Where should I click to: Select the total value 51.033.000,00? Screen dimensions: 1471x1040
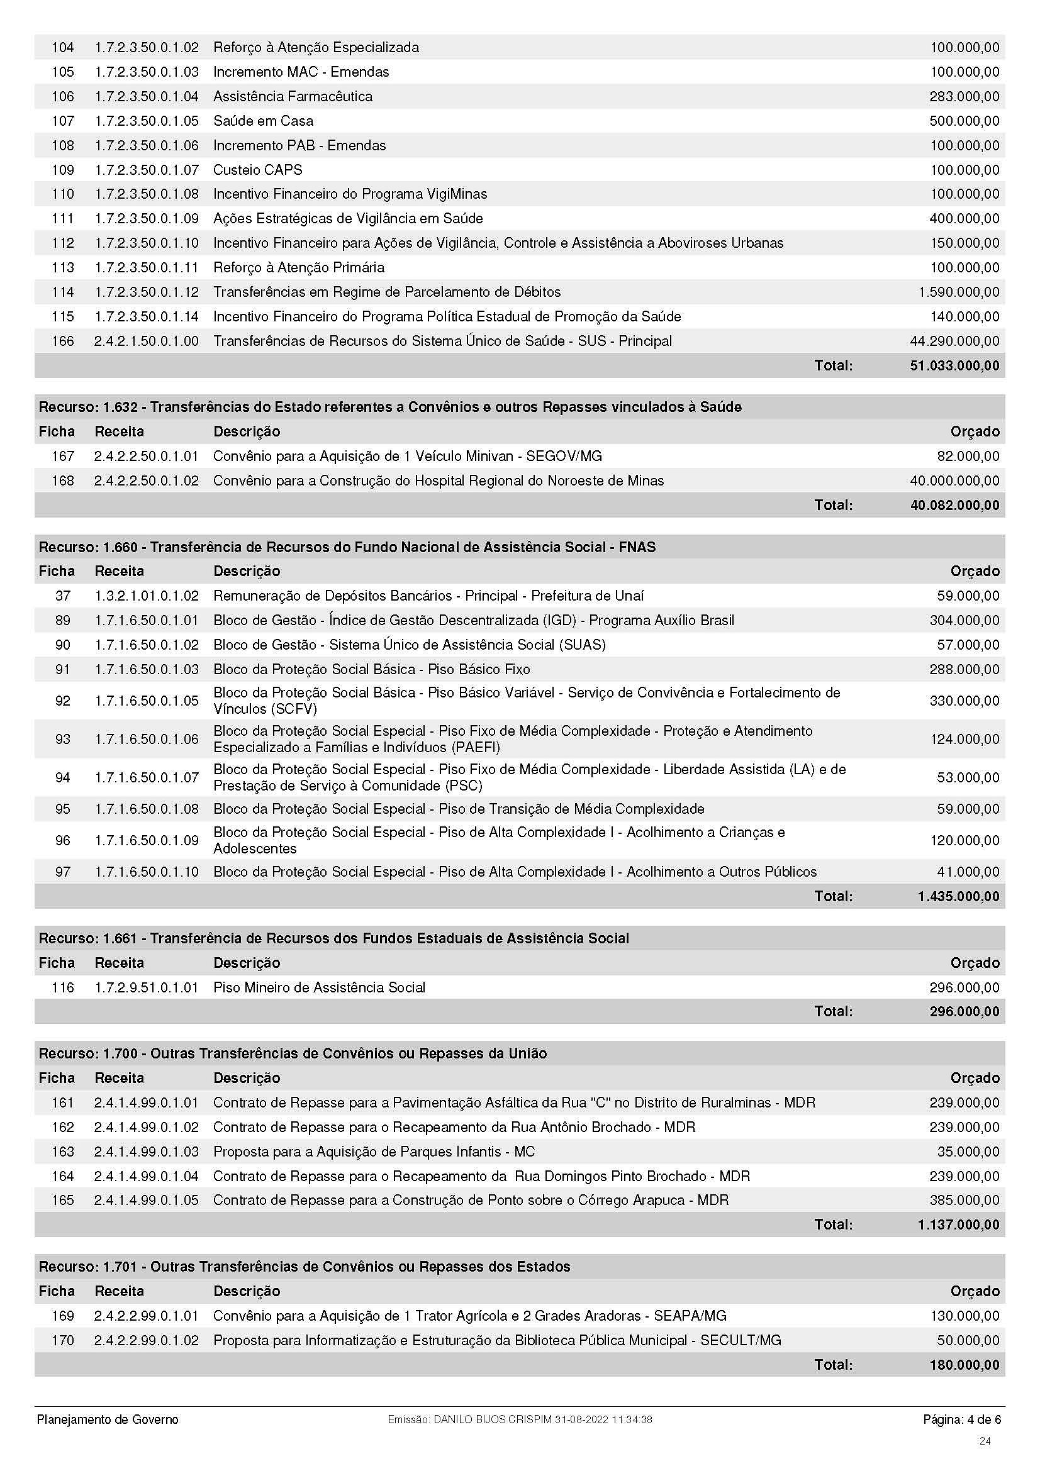tap(954, 366)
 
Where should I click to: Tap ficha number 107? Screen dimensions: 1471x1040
tap(63, 121)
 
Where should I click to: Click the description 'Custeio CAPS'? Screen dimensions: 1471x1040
tap(257, 170)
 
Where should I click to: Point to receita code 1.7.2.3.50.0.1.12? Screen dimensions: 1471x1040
tap(147, 292)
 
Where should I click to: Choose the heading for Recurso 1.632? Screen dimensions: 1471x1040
tap(389, 407)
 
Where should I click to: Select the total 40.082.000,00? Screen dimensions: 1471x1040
tap(954, 505)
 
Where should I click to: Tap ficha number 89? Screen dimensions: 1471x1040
tap(63, 620)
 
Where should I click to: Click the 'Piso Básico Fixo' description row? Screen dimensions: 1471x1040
tap(372, 670)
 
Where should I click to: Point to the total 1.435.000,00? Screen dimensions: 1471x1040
tap(958, 896)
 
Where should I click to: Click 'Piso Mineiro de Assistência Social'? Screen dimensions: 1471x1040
tap(319, 987)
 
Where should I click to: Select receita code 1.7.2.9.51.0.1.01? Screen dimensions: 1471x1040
tap(147, 987)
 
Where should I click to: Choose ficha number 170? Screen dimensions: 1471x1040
tap(63, 1340)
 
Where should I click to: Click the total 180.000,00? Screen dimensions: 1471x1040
tap(964, 1365)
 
